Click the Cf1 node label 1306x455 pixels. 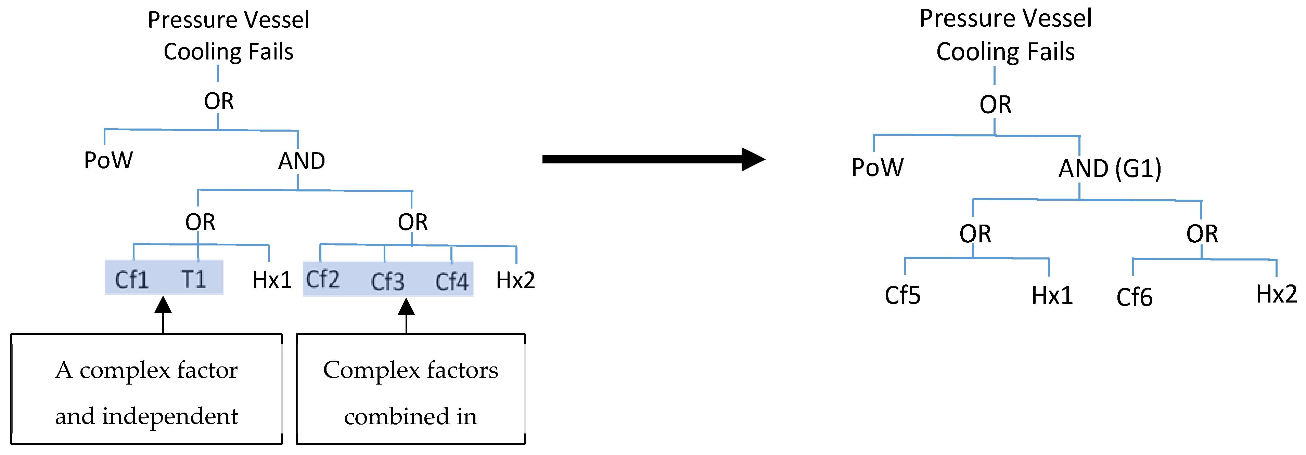[132, 280]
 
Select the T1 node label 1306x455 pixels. [194, 279]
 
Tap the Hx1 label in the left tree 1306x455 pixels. [272, 280]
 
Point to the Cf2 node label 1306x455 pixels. [322, 279]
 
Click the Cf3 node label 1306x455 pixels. [387, 282]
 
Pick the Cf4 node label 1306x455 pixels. [452, 282]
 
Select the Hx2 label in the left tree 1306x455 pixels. [515, 280]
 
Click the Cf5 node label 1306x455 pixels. [902, 295]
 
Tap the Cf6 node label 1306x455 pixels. [1134, 297]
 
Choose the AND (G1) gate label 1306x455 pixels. [1110, 169]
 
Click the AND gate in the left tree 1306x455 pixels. [302, 161]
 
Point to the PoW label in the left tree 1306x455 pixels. [108, 160]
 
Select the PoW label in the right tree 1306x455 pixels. [878, 167]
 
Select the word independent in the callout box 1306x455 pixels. [170, 416]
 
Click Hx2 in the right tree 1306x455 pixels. [1276, 294]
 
